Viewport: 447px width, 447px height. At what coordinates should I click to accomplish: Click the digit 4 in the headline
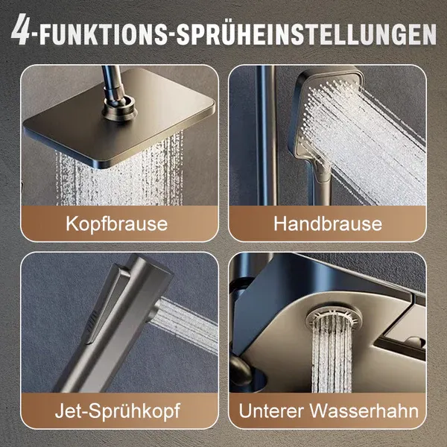pos(24,34)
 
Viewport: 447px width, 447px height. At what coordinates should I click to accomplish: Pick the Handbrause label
pos(327,223)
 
